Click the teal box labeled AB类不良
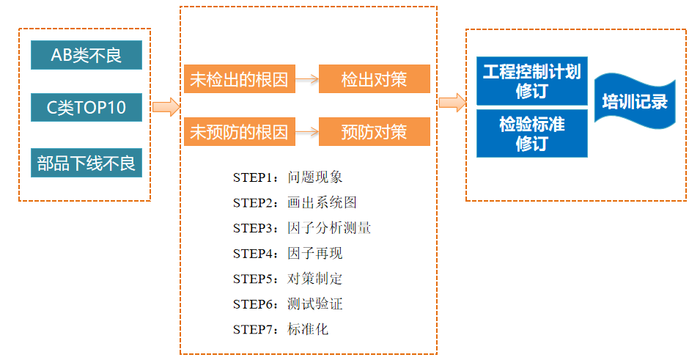click(x=86, y=55)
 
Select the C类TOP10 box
click(x=86, y=108)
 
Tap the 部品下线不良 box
click(x=86, y=163)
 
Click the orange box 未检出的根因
click(x=239, y=79)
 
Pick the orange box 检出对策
click(x=374, y=79)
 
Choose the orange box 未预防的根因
click(x=239, y=132)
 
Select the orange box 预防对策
click(x=374, y=132)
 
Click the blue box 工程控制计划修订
click(x=531, y=81)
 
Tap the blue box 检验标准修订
click(x=531, y=133)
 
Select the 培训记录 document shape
click(x=634, y=101)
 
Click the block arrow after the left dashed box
click(x=166, y=107)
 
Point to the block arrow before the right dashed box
click(x=452, y=103)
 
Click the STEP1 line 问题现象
click(x=287, y=177)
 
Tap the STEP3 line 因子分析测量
click(x=301, y=228)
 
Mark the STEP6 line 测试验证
click(x=287, y=304)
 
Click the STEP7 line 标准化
click(x=281, y=329)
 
